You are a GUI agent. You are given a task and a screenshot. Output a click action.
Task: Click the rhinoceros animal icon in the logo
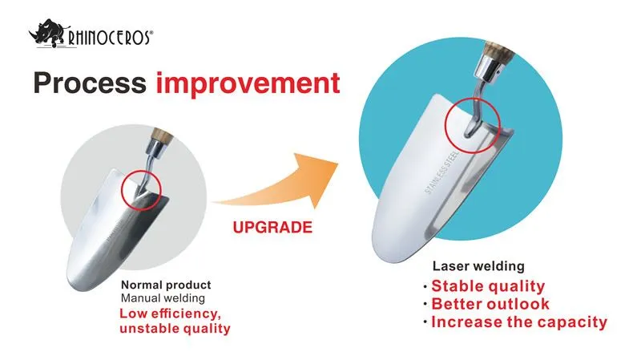click(x=46, y=33)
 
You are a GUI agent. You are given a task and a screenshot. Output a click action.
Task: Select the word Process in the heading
click(x=90, y=83)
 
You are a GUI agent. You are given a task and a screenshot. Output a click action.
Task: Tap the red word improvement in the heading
click(x=248, y=84)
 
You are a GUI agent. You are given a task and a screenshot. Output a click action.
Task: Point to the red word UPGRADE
click(x=272, y=228)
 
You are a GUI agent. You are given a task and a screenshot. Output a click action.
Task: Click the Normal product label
click(x=166, y=285)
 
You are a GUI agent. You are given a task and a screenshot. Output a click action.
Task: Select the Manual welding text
click(x=163, y=298)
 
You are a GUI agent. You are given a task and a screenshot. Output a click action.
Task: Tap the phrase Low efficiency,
click(x=170, y=313)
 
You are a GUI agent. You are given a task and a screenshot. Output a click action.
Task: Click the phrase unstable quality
click(x=175, y=329)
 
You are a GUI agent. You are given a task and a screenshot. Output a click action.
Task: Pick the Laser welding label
click(x=478, y=266)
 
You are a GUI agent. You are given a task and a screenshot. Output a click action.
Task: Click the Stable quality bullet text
click(x=488, y=286)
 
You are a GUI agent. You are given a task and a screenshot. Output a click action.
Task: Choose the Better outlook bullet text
click(x=490, y=304)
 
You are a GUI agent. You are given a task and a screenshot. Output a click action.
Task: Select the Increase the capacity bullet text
click(x=519, y=322)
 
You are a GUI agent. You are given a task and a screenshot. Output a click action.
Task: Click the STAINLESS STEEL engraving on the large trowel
click(x=441, y=172)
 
